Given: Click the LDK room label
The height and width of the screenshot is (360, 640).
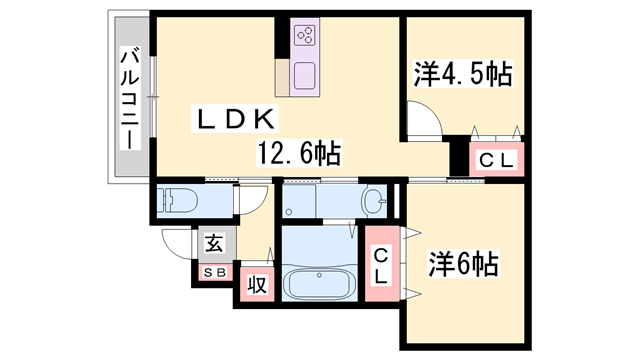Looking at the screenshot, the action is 234,120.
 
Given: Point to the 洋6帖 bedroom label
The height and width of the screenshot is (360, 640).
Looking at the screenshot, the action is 464,264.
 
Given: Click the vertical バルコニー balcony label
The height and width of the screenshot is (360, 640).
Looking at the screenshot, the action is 130,97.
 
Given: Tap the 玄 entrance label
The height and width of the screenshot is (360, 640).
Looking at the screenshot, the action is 215,243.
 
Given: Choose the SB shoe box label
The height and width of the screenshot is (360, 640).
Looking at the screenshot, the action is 215,271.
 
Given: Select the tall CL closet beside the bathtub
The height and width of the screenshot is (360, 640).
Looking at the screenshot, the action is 383,260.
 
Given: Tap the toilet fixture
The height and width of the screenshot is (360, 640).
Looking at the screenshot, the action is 179,200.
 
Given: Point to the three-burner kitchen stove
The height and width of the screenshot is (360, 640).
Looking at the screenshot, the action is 305,37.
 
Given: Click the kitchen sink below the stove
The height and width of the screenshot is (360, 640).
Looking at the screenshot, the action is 304,74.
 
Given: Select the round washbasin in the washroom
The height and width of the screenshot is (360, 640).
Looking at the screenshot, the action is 375,201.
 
